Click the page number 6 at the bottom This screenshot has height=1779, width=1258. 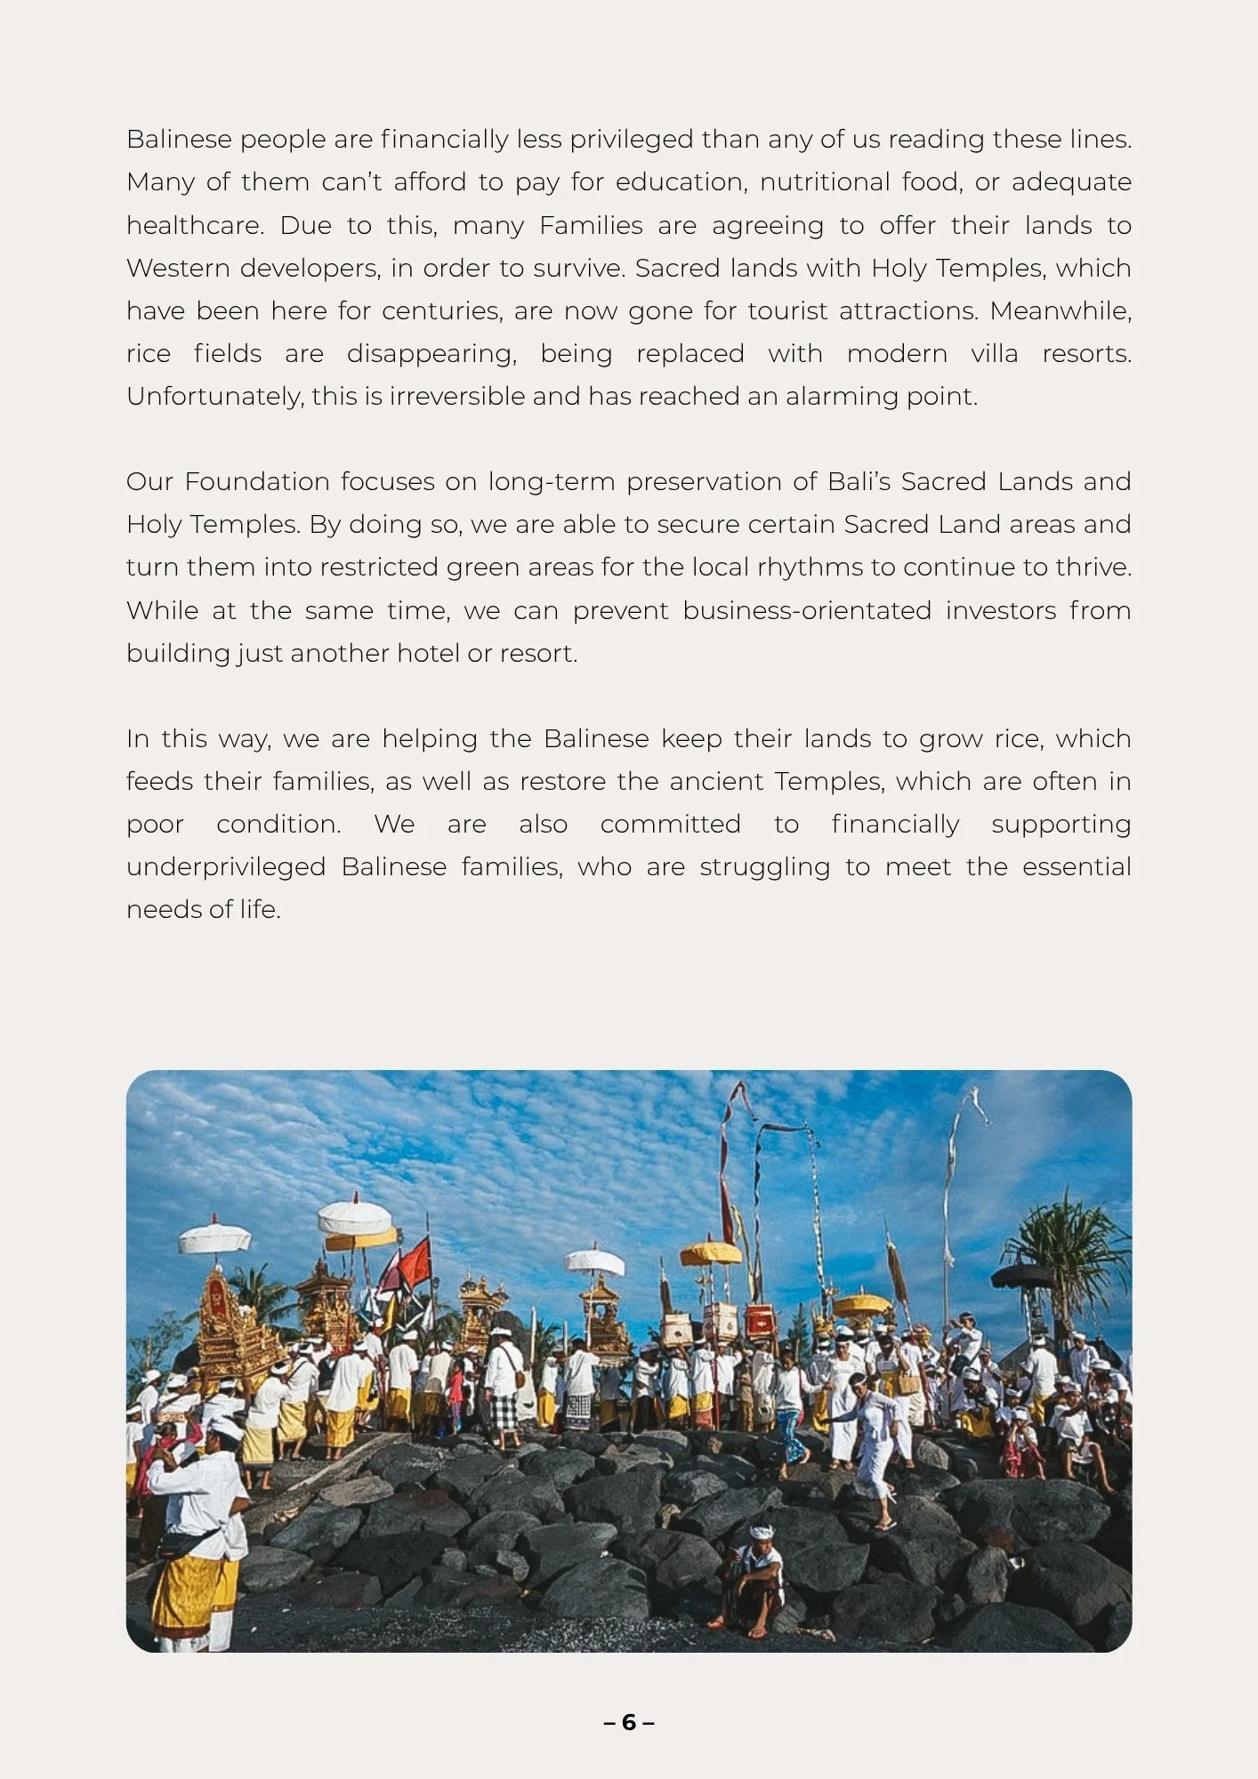click(x=629, y=1723)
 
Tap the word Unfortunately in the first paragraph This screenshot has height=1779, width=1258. click(x=214, y=397)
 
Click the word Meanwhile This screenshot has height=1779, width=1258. click(x=1060, y=311)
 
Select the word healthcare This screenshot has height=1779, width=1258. click(x=195, y=226)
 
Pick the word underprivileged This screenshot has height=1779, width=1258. click(x=226, y=867)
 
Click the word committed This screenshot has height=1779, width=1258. click(x=670, y=825)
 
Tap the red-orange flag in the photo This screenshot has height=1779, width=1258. click(x=415, y=1261)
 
